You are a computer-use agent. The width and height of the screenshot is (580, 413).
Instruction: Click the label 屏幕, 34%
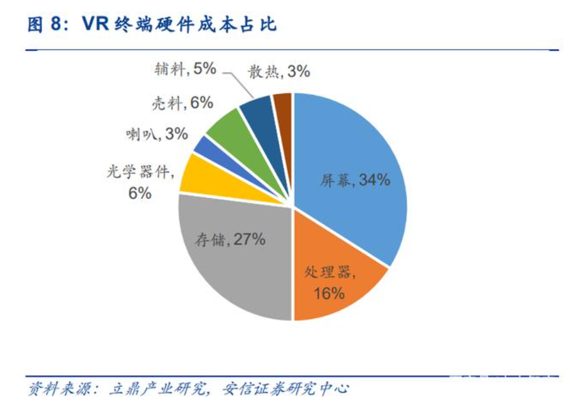tap(355, 180)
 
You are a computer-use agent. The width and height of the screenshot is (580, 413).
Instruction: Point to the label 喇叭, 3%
tap(157, 134)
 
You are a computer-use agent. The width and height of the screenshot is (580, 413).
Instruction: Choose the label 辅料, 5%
tap(185, 69)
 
